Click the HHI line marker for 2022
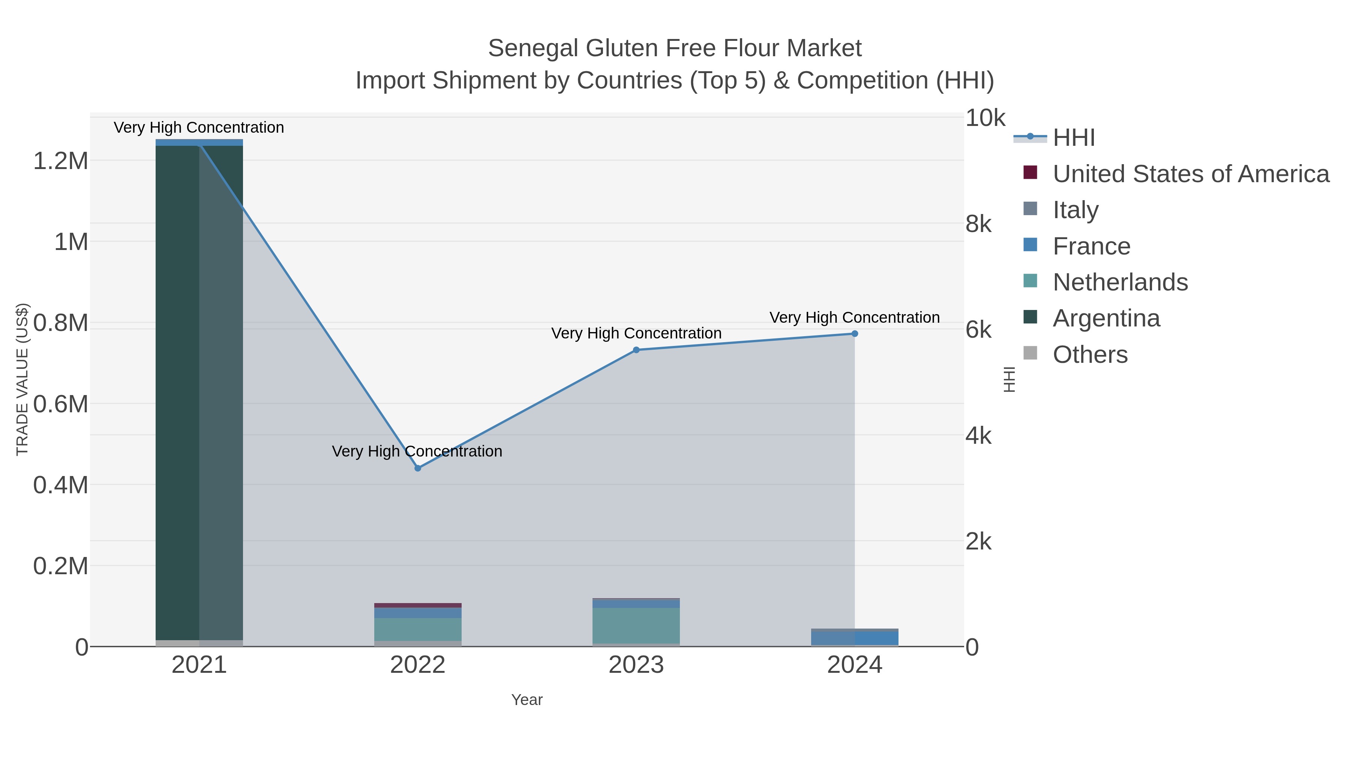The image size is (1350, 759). click(x=418, y=468)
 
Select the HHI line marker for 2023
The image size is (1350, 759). click(x=636, y=350)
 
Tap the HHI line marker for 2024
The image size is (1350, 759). click(x=854, y=334)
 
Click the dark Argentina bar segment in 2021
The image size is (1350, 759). click(x=178, y=393)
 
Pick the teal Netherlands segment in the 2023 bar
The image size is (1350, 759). click(x=636, y=626)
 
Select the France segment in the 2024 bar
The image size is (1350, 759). click(x=854, y=638)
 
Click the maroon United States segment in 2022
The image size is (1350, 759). click(x=418, y=605)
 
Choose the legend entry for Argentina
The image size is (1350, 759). click(x=1106, y=319)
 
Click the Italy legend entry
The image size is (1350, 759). click(x=1075, y=210)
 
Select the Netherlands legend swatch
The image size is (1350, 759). click(x=1030, y=281)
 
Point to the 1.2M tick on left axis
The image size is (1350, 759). click(x=61, y=161)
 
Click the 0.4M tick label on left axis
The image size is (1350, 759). click(x=61, y=485)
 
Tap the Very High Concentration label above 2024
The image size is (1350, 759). click(x=854, y=317)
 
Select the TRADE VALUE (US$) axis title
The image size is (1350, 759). click(x=22, y=379)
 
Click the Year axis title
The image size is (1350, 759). click(x=527, y=700)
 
